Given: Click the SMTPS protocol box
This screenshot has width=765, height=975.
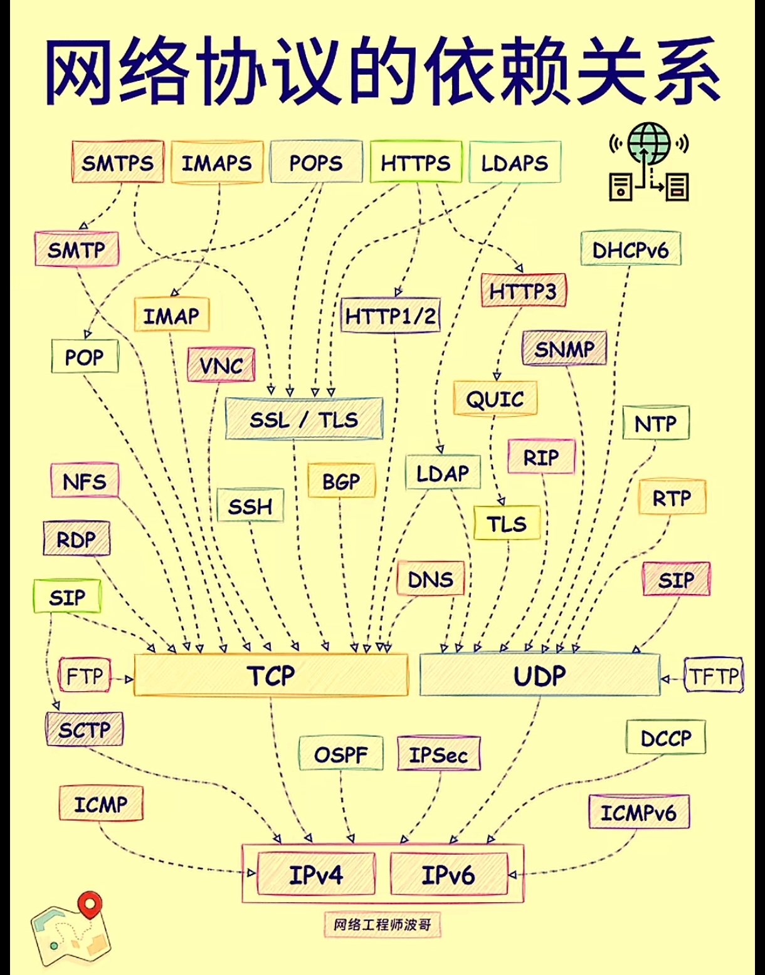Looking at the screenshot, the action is coord(118,162).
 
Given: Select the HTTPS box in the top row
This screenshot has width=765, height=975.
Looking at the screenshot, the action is coord(416,162).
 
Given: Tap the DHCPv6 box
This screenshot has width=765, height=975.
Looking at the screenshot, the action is coord(630,249).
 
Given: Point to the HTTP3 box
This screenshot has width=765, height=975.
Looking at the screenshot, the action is coord(523,291).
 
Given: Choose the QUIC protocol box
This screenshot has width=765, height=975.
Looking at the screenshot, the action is coord(495,399).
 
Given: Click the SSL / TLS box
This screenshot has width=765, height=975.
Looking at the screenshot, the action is coord(304,419).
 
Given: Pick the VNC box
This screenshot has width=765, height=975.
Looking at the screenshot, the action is coord(221,365).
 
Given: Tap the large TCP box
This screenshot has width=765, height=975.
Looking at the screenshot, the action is coord(271,675).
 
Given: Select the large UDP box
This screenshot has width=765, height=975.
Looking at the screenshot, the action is coord(539,675).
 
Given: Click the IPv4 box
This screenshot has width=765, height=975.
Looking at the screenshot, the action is coord(316,874).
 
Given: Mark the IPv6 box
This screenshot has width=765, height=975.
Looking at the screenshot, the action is coord(448,874).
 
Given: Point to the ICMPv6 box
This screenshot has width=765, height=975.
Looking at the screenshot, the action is coord(638,813).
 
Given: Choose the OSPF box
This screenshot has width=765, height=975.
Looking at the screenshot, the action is coord(340,754).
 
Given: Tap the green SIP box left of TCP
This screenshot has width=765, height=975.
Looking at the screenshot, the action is coord(66,597).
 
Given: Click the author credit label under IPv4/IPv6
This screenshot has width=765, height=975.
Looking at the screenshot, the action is coord(382,924).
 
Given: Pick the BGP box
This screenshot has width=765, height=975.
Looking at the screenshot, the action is coord(341,481).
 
